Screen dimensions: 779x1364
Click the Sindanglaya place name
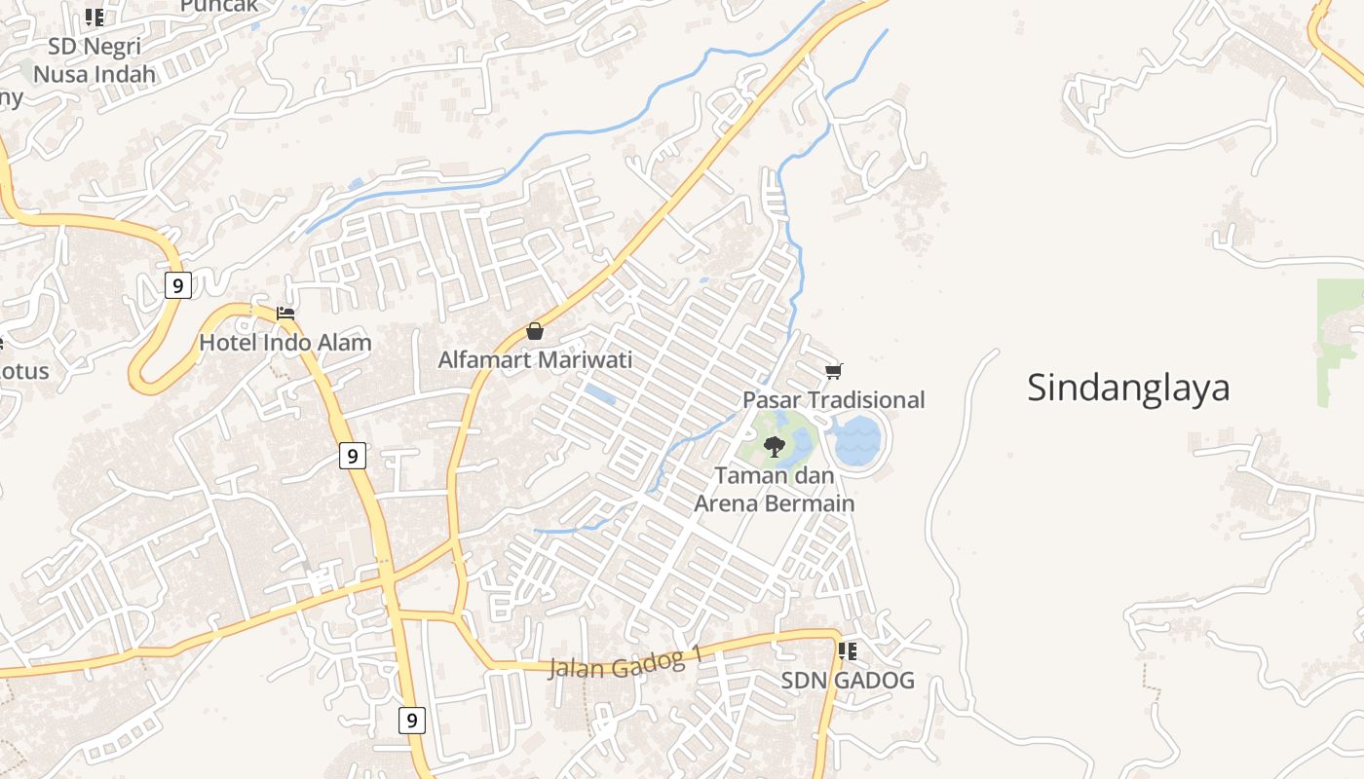(1128, 388)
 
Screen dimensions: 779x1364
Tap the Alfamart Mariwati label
(535, 360)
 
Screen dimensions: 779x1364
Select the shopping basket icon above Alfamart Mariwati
(534, 331)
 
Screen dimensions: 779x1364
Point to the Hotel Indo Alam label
(285, 343)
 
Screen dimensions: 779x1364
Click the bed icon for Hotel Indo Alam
(285, 313)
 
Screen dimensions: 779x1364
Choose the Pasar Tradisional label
(834, 400)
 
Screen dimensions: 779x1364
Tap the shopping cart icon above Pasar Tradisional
(833, 371)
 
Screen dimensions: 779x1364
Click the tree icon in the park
(775, 447)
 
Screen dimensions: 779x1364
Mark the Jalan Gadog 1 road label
(625, 665)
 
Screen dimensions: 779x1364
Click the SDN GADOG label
(848, 681)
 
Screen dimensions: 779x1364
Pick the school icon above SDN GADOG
(848, 650)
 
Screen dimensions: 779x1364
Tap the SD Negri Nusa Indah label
(95, 60)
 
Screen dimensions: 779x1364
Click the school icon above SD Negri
(95, 17)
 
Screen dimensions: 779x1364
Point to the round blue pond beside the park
(858, 441)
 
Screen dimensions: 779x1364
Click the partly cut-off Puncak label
(219, 6)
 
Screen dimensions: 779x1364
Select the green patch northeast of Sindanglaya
(1340, 341)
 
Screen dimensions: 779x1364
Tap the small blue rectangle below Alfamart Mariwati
(600, 394)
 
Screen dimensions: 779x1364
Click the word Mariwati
(585, 360)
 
